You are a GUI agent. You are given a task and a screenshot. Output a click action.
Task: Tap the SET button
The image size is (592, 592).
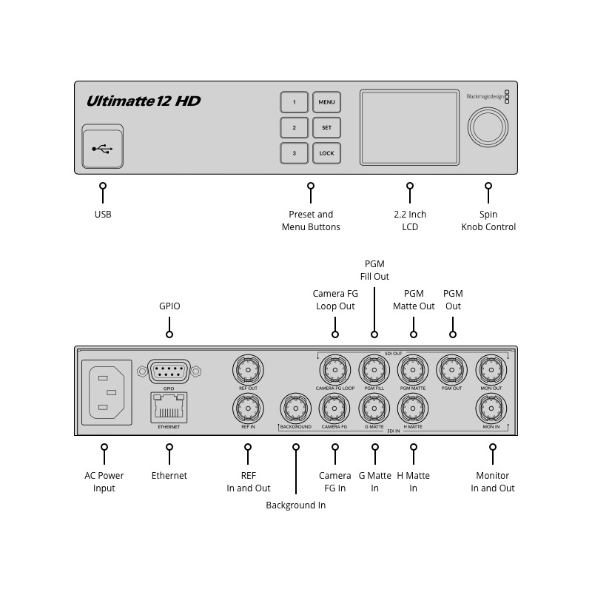(326, 127)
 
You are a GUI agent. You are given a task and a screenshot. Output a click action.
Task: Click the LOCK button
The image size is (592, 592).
(326, 153)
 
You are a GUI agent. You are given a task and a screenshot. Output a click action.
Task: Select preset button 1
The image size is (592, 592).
(294, 102)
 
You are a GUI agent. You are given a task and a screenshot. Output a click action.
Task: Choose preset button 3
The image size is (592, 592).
(294, 153)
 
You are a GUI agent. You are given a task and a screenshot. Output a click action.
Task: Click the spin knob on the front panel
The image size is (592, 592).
(487, 127)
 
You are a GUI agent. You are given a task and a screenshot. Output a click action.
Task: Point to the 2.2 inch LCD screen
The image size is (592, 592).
(409, 127)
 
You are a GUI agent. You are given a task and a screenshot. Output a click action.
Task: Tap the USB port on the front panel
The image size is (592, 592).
(103, 148)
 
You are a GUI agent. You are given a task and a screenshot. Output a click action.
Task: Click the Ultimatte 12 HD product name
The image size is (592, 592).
(144, 101)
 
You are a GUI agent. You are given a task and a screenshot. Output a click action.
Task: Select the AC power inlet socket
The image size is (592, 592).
(106, 392)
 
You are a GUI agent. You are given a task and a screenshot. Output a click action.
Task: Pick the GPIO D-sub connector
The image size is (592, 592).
(169, 371)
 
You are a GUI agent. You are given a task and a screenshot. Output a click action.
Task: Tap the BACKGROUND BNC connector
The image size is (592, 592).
(296, 408)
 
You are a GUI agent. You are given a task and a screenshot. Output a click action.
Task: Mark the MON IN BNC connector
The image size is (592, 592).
(491, 408)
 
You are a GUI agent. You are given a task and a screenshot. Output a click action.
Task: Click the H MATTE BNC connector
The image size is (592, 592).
(413, 408)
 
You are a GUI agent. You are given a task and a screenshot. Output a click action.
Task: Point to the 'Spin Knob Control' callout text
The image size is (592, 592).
(488, 221)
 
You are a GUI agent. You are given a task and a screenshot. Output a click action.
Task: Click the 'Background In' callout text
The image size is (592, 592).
(295, 505)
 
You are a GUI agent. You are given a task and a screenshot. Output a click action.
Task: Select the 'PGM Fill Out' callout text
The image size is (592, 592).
(375, 270)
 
